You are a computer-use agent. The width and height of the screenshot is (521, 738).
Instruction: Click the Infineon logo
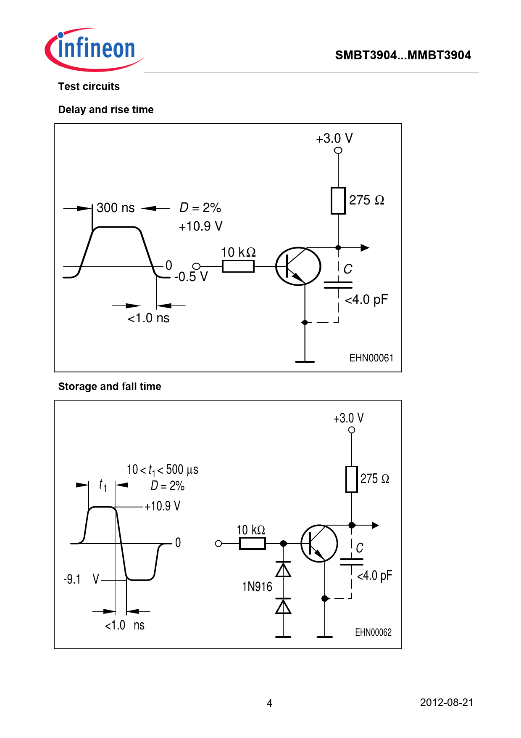[94, 49]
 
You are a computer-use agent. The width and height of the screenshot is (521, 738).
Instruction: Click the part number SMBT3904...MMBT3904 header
[403, 55]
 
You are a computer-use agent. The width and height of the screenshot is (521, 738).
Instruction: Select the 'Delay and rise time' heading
[106, 110]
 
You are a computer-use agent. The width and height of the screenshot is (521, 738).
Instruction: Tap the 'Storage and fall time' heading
[110, 387]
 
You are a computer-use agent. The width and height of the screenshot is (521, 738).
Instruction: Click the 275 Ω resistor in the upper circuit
[338, 201]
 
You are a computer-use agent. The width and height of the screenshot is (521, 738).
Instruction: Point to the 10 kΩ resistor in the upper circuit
[238, 266]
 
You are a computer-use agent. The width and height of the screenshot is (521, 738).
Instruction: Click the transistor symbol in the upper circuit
[298, 266]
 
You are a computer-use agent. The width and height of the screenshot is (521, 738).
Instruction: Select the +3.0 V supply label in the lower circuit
[348, 418]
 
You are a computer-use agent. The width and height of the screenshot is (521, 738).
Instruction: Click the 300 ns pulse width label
[116, 208]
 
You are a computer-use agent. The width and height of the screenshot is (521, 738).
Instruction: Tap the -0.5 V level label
[191, 277]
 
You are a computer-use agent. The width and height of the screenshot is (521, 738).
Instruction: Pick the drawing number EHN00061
[371, 358]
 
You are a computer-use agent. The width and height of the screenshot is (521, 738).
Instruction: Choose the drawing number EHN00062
[373, 632]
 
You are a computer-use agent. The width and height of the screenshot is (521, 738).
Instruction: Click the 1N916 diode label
[257, 587]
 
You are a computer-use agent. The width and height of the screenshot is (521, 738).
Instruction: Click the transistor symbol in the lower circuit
[319, 544]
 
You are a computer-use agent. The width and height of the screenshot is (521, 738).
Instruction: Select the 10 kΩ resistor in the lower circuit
[252, 544]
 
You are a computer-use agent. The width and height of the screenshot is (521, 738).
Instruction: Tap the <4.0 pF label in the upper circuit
[366, 300]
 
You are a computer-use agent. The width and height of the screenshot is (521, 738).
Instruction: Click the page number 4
[269, 703]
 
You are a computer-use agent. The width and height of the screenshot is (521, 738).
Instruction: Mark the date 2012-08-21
[446, 703]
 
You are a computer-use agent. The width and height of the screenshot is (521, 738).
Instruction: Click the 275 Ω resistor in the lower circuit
[351, 479]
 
